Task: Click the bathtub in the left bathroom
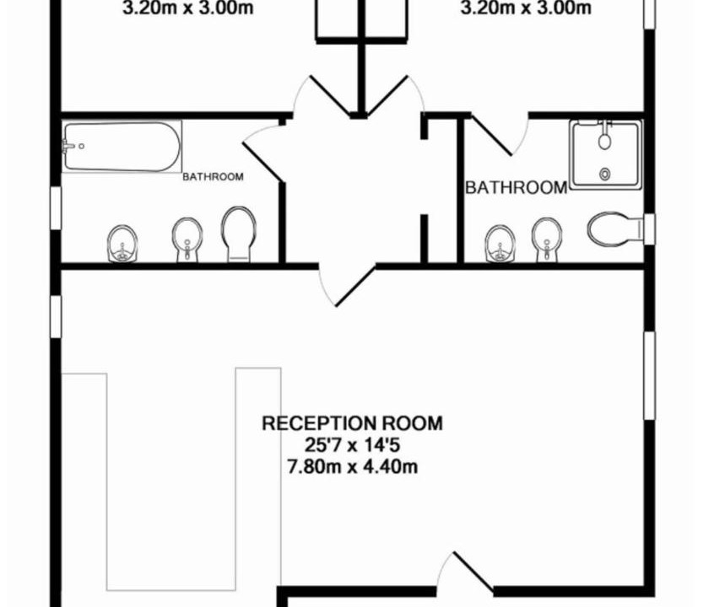point(122,147)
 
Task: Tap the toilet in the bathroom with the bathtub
point(239,234)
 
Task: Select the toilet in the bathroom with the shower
point(615,229)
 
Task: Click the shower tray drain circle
point(604,174)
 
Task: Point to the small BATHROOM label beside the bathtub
point(213,176)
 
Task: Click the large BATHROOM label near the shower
point(516,187)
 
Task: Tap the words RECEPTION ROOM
point(352,423)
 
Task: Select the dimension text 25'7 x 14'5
point(352,445)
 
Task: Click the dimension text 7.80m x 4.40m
point(352,466)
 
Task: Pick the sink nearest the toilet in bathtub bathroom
point(187,239)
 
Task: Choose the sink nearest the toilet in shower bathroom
point(547,239)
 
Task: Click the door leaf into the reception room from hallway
point(355,287)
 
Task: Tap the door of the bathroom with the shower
point(491,135)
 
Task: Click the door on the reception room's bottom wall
point(473,571)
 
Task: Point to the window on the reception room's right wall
point(649,376)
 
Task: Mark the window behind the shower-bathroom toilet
point(649,229)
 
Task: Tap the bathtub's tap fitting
point(68,146)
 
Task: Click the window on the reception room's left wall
point(56,316)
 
